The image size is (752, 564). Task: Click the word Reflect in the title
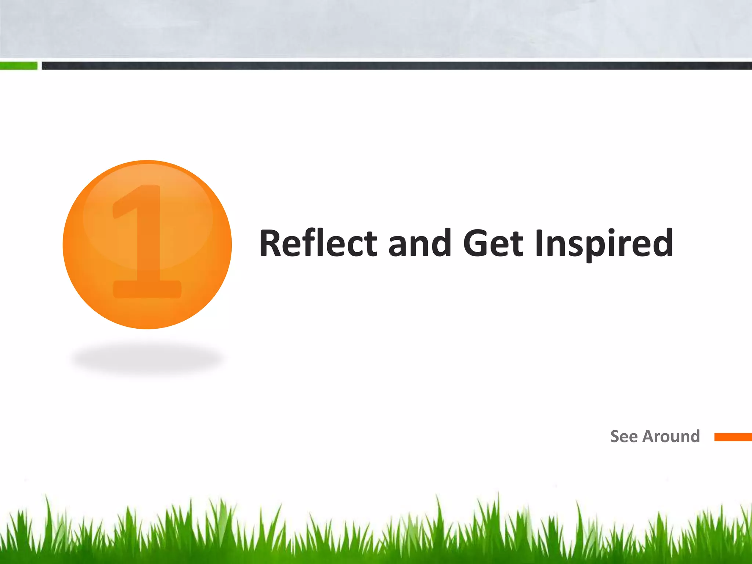(x=318, y=243)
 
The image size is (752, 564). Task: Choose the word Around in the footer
(x=671, y=437)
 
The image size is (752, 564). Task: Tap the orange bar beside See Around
(x=733, y=437)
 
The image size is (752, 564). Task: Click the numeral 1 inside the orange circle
(x=147, y=242)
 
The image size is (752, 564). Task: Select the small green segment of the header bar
(x=18, y=66)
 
